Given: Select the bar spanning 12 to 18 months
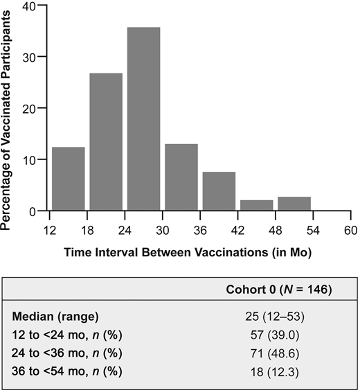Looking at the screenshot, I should [x=68, y=179].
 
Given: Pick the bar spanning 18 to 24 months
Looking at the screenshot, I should [x=106, y=142].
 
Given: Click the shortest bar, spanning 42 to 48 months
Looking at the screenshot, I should [x=256, y=205].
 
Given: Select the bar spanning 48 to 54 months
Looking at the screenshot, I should [x=294, y=204].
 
